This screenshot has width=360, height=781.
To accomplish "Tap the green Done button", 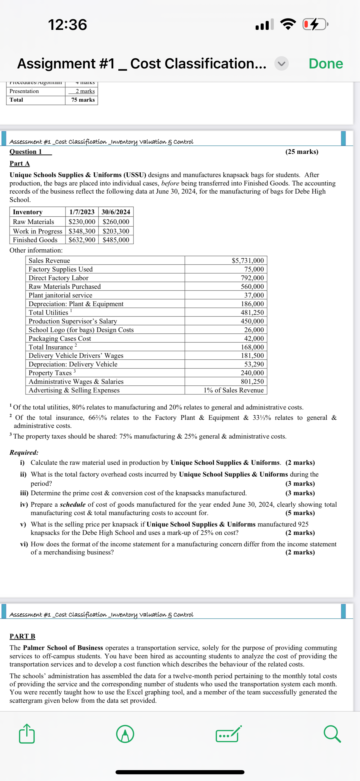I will (x=325, y=64).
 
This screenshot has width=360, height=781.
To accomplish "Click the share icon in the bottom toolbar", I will (x=27, y=734).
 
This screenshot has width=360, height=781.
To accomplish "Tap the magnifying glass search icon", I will (x=332, y=734).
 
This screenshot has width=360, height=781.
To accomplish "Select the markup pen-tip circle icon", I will (x=125, y=734).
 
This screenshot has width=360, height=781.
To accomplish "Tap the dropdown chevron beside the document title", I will (x=282, y=64).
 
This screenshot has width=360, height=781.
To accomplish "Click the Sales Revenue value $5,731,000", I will (x=248, y=260).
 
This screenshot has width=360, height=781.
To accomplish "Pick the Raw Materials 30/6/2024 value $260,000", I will (x=116, y=222).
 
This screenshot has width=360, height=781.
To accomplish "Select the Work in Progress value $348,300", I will (x=82, y=231).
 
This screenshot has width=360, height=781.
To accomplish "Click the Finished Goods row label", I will (x=35, y=240).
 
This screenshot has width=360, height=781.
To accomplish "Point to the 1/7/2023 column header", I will (x=82, y=212).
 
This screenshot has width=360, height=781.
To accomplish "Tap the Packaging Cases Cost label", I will (x=60, y=338).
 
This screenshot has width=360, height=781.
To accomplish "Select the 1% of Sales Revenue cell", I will (x=233, y=390).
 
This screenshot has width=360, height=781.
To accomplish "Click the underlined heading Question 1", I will (x=26, y=152).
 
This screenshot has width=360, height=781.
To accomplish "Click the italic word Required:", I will (x=24, y=452).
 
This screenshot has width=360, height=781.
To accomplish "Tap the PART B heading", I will (x=22, y=636).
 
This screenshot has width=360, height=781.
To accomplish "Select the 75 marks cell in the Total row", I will (x=83, y=100).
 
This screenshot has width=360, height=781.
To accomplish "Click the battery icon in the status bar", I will (x=315, y=24).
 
